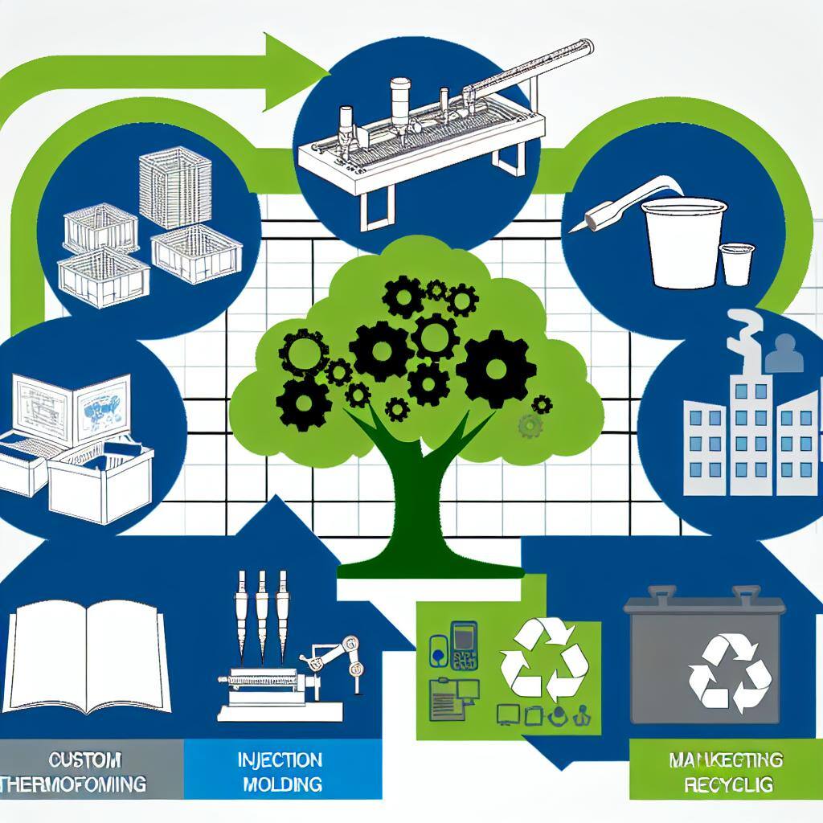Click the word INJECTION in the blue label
(x=280, y=760)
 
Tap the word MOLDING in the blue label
(x=280, y=784)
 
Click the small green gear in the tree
(x=530, y=426)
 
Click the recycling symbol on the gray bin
(x=730, y=673)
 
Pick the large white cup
(x=684, y=241)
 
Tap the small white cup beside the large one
(x=735, y=264)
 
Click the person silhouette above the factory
(x=783, y=353)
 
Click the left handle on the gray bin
(x=661, y=596)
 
